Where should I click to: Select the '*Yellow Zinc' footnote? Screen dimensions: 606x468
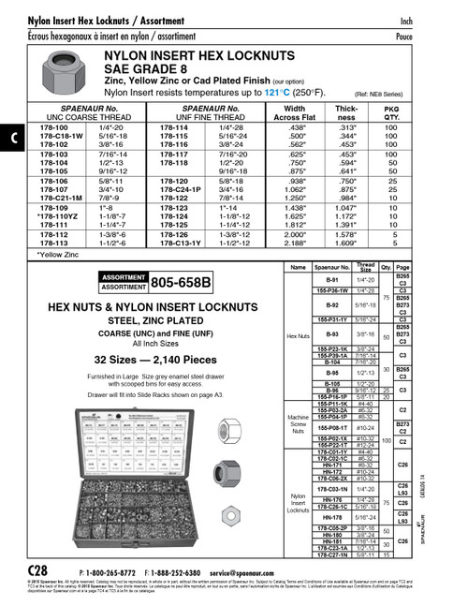point(55,254)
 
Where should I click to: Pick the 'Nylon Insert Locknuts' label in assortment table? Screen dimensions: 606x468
point(298,504)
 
